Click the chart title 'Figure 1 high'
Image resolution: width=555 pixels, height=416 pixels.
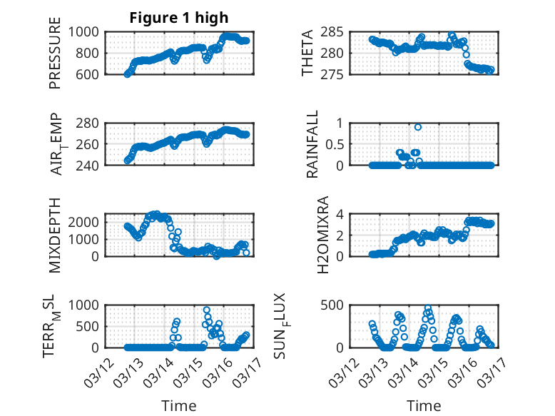(x=178, y=17)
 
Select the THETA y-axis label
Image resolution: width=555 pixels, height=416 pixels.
(x=307, y=53)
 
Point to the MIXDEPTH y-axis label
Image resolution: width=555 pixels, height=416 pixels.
(x=55, y=235)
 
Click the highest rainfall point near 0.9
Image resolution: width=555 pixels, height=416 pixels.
(x=418, y=127)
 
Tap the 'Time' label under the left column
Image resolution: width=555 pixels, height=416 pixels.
(x=178, y=405)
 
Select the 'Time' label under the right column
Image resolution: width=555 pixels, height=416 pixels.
(x=424, y=405)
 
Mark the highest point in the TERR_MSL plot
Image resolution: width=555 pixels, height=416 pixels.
(x=207, y=310)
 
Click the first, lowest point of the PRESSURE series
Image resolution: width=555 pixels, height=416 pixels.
(x=127, y=73)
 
